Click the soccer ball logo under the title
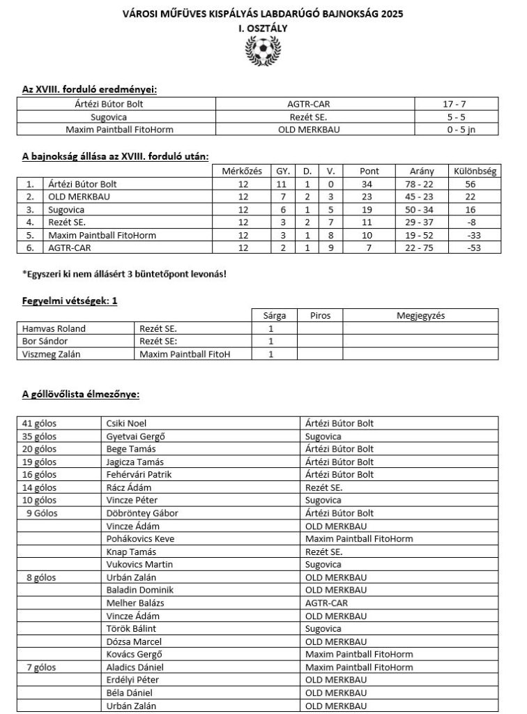click(262, 50)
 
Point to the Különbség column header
click(474, 171)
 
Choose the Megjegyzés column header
click(420, 315)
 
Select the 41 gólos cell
click(40, 423)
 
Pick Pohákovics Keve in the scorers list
click(140, 538)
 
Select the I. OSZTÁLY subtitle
click(262, 27)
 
